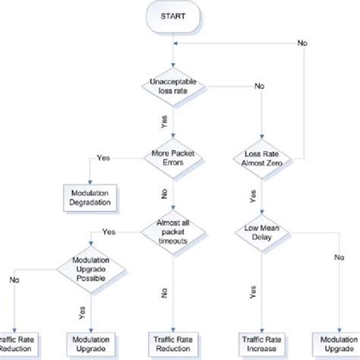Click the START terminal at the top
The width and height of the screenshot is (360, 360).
coord(174,17)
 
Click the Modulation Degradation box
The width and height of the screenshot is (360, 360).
coord(87,198)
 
